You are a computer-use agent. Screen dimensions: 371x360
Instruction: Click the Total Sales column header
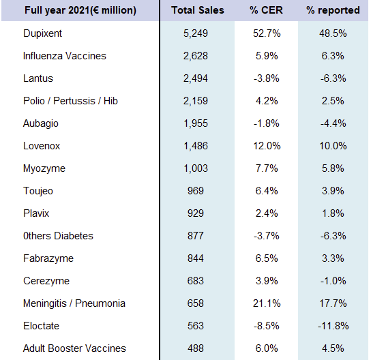tap(198, 10)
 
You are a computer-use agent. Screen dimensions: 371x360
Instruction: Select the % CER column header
tap(266, 10)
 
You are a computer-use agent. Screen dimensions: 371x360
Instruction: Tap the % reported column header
tap(333, 10)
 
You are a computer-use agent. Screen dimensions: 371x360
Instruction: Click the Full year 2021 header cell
tap(80, 10)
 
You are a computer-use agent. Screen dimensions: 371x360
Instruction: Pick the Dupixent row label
tap(42, 33)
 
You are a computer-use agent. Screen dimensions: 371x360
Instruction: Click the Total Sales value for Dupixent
tap(196, 33)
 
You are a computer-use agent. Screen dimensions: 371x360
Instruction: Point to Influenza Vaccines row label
tap(65, 56)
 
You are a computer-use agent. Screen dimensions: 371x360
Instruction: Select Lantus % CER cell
tap(267, 78)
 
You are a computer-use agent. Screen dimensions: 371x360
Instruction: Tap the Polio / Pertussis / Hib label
tap(70, 101)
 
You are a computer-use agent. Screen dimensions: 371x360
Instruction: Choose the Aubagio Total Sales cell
tap(196, 123)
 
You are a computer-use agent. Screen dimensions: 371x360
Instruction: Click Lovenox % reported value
tap(333, 146)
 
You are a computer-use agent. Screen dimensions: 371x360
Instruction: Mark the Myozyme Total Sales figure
tap(196, 168)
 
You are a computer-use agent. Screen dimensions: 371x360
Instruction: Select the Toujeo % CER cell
tap(267, 191)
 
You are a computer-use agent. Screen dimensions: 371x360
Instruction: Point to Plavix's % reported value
tap(333, 213)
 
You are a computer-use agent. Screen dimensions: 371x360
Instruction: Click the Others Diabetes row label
tap(58, 236)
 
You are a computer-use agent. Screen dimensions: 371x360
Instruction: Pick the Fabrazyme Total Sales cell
tap(196, 258)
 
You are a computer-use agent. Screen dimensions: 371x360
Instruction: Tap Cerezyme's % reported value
tap(333, 281)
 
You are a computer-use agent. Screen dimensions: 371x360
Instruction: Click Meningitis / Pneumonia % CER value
tap(267, 303)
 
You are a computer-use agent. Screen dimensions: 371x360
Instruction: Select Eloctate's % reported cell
tap(333, 326)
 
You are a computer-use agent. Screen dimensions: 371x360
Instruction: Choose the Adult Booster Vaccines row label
tap(74, 348)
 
